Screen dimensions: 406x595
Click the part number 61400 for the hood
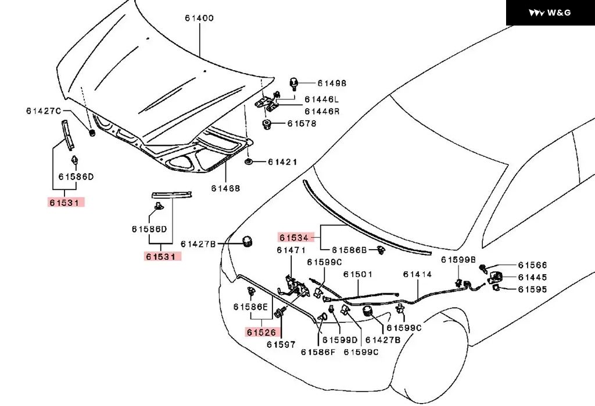(x=199, y=18)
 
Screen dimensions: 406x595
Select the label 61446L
(x=321, y=99)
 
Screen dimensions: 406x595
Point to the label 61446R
(x=321, y=110)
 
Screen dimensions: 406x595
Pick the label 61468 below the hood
(x=225, y=188)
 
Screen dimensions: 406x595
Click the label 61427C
(x=43, y=110)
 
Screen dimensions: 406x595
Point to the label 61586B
(x=349, y=250)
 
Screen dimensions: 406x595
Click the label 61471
(x=291, y=250)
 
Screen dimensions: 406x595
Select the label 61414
(x=418, y=274)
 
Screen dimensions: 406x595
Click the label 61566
(x=532, y=265)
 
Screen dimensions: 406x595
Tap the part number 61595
(x=532, y=289)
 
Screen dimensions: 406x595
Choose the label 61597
(x=281, y=344)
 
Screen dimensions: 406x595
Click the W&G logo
(x=550, y=13)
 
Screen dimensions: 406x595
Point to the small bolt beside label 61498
(x=293, y=84)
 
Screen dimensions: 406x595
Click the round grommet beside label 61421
(x=249, y=161)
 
